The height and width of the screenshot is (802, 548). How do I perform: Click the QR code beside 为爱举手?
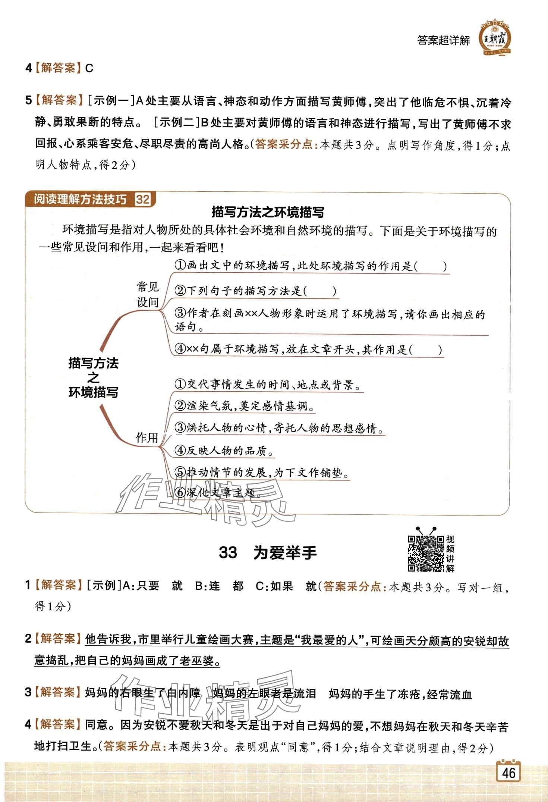click(425, 554)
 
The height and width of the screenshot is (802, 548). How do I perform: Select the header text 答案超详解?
click(444, 40)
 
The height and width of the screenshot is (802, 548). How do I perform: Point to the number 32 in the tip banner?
click(143, 199)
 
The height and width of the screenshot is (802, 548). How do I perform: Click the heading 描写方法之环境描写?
click(267, 212)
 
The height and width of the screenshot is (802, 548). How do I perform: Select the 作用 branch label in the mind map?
click(147, 438)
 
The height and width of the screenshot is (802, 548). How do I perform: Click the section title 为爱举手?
click(285, 553)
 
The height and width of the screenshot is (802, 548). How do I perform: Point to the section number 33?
click(228, 553)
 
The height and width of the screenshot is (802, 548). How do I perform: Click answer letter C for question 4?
click(89, 68)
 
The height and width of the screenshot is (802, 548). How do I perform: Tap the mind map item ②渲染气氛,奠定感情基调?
click(244, 406)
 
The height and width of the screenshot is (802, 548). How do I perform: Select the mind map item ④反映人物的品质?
click(224, 451)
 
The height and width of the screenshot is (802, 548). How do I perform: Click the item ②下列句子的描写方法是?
click(255, 291)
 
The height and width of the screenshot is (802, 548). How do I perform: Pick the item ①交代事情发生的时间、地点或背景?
click(268, 385)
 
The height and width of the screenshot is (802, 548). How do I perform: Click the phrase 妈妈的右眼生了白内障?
click(143, 693)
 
